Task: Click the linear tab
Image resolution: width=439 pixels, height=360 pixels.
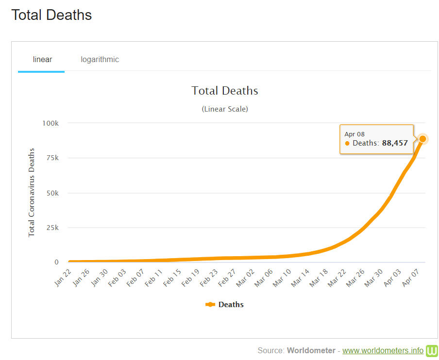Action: point(42,60)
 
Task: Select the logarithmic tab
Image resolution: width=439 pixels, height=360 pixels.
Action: point(100,60)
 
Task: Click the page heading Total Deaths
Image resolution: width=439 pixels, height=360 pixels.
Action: point(51,15)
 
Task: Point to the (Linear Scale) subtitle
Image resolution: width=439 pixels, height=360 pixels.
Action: point(225,109)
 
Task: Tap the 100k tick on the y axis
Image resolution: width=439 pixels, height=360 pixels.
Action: point(50,123)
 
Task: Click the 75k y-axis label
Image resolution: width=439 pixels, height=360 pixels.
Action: point(52,158)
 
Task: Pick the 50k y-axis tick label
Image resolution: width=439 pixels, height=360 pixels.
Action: point(51,193)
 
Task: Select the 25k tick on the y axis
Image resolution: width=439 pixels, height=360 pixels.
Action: point(51,228)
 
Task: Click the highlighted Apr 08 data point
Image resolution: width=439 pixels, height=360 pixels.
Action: point(422,139)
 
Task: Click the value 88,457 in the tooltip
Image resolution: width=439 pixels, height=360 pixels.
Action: point(395,143)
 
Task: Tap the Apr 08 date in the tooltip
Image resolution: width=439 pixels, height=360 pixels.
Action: point(355,134)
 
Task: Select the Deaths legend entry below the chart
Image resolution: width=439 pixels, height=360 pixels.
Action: point(224,305)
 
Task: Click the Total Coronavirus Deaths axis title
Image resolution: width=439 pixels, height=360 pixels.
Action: point(32,193)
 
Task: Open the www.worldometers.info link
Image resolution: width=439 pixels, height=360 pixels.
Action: point(383,350)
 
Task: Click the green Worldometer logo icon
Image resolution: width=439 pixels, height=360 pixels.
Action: point(432,350)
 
